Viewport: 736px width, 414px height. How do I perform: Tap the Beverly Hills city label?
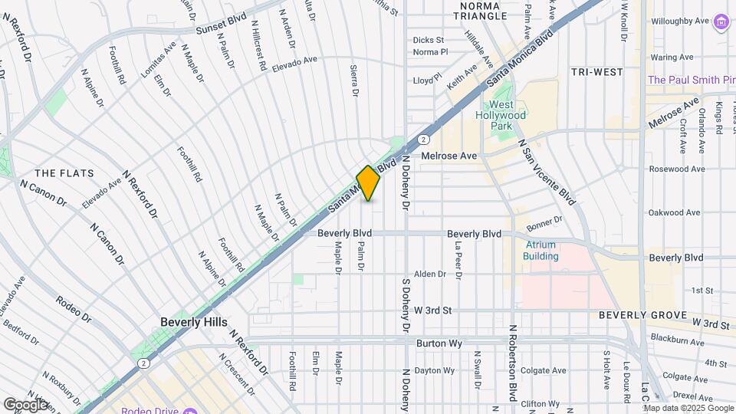click(x=194, y=322)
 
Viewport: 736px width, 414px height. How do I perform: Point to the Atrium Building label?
click(x=540, y=251)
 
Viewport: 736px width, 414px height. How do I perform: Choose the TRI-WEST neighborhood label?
click(x=596, y=72)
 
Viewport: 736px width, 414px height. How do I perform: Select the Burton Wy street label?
click(x=439, y=343)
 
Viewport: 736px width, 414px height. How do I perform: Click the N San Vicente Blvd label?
click(x=547, y=172)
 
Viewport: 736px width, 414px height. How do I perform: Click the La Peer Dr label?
click(x=458, y=257)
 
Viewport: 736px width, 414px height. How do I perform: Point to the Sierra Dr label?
click(x=355, y=81)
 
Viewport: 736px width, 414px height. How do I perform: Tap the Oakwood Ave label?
click(x=675, y=212)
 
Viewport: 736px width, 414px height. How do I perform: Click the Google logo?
click(x=25, y=404)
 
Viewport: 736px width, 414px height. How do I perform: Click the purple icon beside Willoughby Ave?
click(x=721, y=22)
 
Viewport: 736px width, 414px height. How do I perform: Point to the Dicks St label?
click(x=428, y=40)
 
